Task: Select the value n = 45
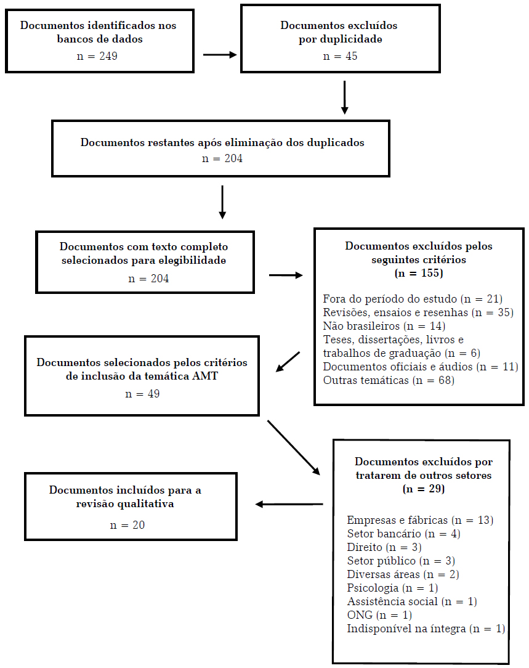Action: pyautogui.click(x=340, y=56)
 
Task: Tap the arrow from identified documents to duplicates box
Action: pyautogui.click(x=220, y=55)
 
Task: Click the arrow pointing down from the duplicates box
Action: pyautogui.click(x=345, y=97)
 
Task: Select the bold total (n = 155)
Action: pyautogui.click(x=419, y=273)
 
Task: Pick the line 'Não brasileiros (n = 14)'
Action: pyautogui.click(x=384, y=326)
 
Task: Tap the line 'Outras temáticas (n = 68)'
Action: pyautogui.click(x=388, y=380)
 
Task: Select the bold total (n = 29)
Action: pyautogui.click(x=424, y=489)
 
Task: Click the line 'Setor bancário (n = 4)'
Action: pyautogui.click(x=403, y=534)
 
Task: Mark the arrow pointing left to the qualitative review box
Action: pyautogui.click(x=289, y=504)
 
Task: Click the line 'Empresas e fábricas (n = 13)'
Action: pyautogui.click(x=420, y=520)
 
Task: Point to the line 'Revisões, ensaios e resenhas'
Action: pyautogui.click(x=418, y=312)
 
